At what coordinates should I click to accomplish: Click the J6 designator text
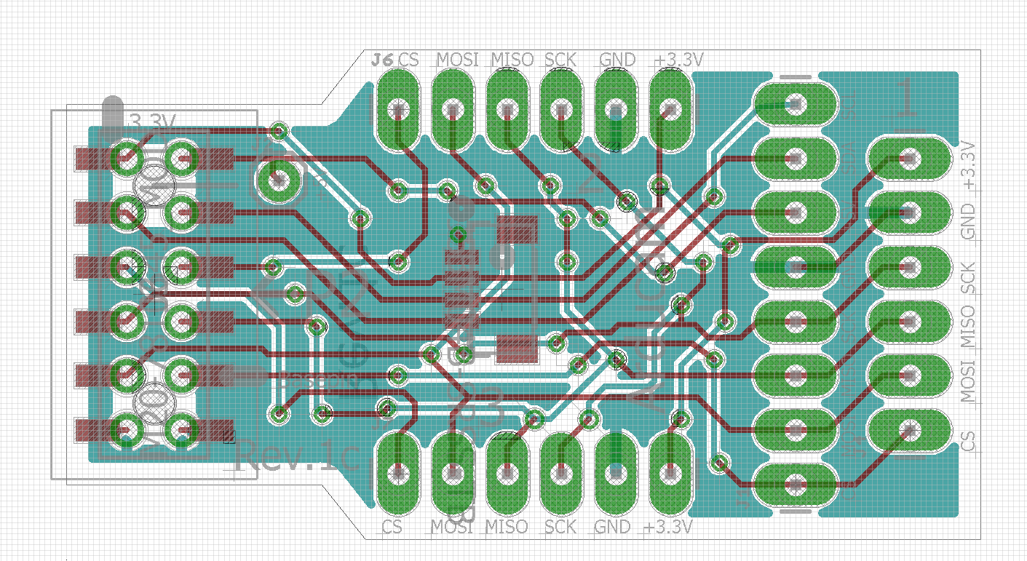383,60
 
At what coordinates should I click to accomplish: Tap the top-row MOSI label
457,60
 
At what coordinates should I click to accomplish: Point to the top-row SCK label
560,60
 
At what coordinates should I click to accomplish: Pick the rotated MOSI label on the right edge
968,378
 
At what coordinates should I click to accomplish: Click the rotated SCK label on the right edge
968,277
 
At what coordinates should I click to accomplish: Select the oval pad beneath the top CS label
398,109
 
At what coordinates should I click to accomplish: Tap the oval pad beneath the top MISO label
507,109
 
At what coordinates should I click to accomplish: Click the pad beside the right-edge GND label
909,212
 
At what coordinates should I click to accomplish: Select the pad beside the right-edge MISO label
909,320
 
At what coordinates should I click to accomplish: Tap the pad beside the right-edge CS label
909,430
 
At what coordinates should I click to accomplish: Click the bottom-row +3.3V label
669,526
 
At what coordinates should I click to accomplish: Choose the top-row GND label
617,60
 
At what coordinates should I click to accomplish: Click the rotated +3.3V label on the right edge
968,166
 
